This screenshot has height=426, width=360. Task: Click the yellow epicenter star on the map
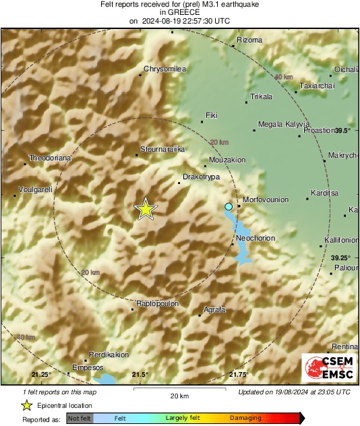tap(145, 210)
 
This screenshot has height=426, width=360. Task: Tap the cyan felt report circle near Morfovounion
tap(229, 206)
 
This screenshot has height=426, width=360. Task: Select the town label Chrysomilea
tap(165, 69)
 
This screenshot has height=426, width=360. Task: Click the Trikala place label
tap(261, 96)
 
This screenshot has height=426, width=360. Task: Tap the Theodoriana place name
tap(49, 158)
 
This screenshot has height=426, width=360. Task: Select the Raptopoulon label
tap(157, 303)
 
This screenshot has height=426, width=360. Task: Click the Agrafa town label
tap(214, 309)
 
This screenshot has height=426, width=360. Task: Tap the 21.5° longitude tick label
tap(140, 374)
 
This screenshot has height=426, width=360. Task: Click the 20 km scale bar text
tap(179, 395)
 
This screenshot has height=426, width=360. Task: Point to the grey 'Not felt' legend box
tap(80, 419)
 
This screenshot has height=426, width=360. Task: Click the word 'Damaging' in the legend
tap(246, 419)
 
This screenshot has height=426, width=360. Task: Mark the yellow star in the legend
tap(27, 405)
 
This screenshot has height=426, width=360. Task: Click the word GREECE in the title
tap(179, 12)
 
